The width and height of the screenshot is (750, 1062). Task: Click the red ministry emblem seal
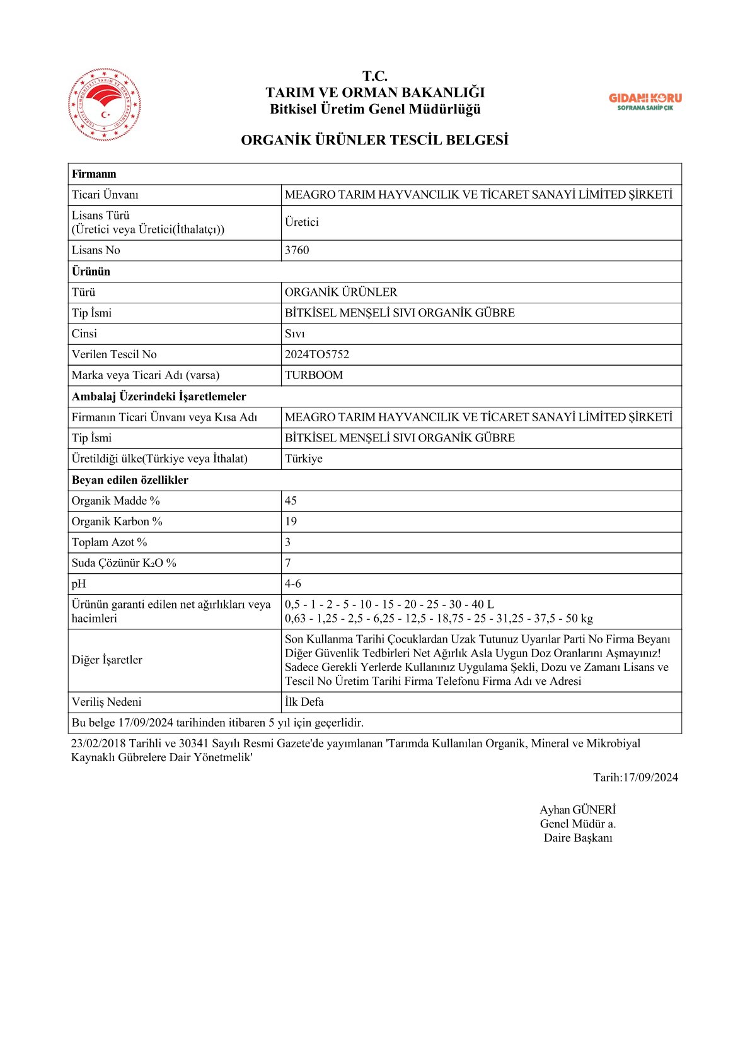tap(104, 104)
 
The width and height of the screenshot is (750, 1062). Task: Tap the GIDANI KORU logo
tap(645, 101)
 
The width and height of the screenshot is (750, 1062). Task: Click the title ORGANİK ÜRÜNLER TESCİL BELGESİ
tap(374, 140)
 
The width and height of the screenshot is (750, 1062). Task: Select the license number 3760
tap(297, 250)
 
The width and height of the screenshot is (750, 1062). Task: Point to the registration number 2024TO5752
tap(316, 354)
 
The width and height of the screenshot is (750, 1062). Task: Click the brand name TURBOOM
tap(314, 375)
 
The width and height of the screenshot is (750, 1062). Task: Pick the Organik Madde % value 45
tap(291, 501)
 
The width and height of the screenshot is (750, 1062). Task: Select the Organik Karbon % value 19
tap(291, 522)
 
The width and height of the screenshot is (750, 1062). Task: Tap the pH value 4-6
tap(292, 584)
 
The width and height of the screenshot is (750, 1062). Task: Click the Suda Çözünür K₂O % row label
tap(124, 563)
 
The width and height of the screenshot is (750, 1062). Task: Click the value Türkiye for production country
tap(303, 458)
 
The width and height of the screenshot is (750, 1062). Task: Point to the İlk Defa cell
tap(304, 702)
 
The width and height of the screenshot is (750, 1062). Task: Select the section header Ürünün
tap(91, 271)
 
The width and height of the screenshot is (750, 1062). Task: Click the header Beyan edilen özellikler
tap(130, 480)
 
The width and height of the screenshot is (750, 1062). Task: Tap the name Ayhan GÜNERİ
tap(577, 810)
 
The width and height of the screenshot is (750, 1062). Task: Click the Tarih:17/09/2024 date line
tap(635, 778)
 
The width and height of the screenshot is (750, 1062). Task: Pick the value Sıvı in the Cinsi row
tap(294, 334)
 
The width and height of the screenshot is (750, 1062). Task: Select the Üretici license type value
tap(301, 222)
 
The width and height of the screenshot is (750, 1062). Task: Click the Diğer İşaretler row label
tap(107, 660)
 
